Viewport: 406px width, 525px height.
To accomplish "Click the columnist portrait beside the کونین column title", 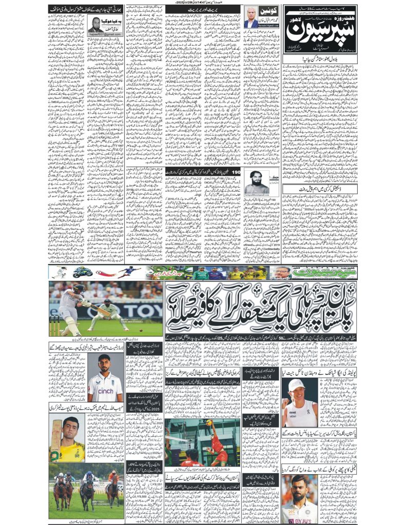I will (250, 18).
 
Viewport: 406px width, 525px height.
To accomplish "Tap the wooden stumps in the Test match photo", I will (54, 326).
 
